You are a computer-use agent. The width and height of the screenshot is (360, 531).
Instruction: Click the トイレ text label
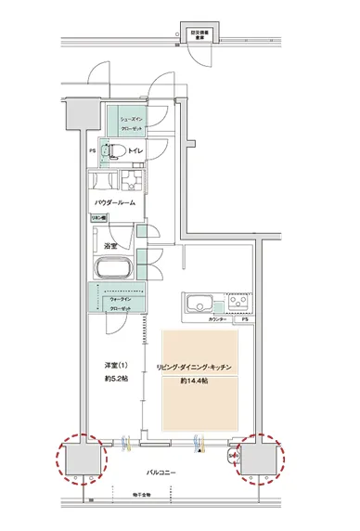[135, 149]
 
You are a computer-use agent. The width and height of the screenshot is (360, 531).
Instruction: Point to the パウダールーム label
[116, 201]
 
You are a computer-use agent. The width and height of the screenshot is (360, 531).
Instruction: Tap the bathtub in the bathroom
[116, 268]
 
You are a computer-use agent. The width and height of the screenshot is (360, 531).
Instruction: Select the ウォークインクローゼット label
[121, 303]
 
